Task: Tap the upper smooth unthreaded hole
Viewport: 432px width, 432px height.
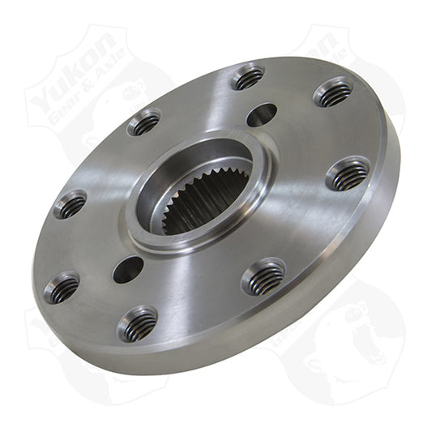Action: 261,114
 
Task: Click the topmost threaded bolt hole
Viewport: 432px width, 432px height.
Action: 248,79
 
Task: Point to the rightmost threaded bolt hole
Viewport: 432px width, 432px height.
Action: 348,173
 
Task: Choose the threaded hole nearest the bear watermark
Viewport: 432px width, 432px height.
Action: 263,277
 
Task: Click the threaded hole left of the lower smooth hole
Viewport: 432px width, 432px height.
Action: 62,287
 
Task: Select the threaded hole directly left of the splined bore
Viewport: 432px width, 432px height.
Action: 71,203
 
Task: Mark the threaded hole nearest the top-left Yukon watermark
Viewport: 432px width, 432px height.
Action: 144,123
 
